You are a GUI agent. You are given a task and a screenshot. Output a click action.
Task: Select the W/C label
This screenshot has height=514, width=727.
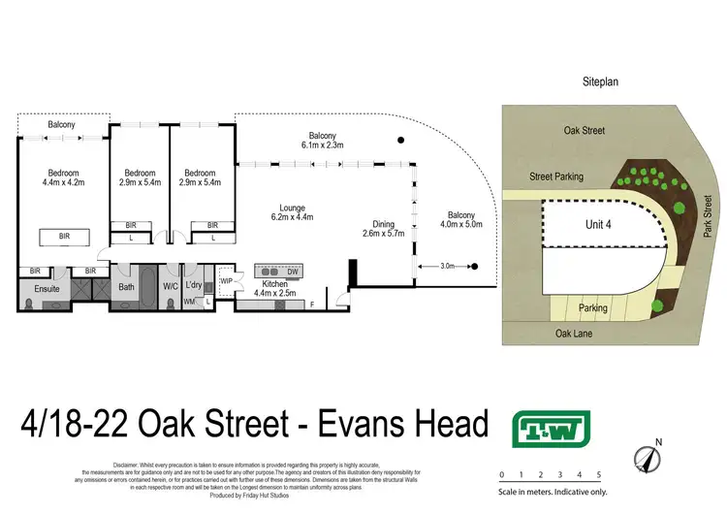tap(171, 286)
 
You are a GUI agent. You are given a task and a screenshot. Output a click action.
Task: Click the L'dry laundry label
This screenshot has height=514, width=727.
tap(194, 286)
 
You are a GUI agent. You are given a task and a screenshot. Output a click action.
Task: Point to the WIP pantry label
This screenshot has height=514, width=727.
tap(227, 280)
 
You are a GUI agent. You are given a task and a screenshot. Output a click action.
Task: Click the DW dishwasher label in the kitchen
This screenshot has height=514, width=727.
tap(294, 272)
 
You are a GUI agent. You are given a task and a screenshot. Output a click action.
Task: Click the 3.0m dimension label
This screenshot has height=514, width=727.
tap(446, 265)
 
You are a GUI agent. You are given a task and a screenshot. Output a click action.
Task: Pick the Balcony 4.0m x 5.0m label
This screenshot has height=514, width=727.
tap(460, 220)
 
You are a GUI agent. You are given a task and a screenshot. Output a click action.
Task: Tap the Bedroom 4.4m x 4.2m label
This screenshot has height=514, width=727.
tap(64, 177)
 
